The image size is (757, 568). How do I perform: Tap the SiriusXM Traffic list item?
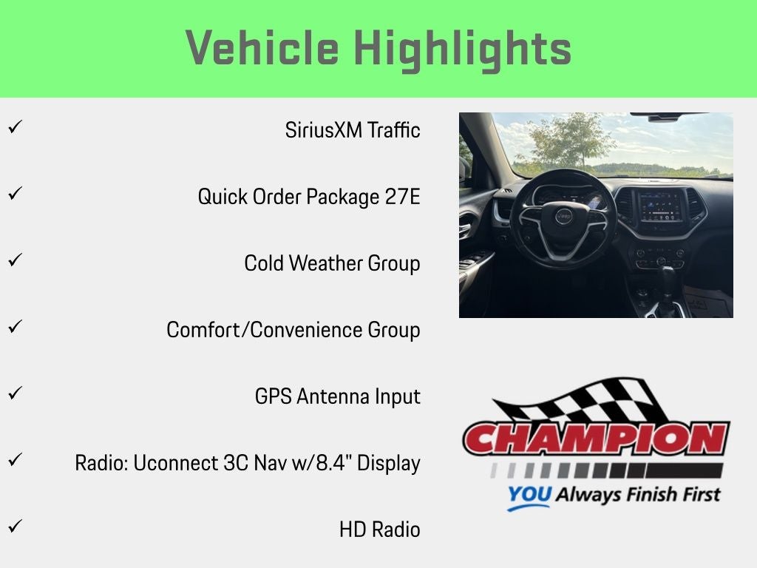(353, 130)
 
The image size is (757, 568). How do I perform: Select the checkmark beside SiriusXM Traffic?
(16, 127)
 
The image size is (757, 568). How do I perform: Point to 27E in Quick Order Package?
(403, 197)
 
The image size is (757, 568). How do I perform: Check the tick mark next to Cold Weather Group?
(16, 260)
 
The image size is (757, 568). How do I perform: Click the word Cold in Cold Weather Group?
(264, 263)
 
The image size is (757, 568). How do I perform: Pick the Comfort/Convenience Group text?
(293, 331)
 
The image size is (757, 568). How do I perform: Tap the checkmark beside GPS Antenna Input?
(16, 393)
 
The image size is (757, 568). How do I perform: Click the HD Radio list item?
(379, 530)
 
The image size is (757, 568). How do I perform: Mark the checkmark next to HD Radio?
(16, 526)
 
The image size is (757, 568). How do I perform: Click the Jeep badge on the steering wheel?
(563, 217)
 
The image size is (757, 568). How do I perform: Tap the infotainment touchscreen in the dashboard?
(661, 206)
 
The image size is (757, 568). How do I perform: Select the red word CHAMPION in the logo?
(597, 438)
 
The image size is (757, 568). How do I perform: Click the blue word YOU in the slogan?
(529, 494)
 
